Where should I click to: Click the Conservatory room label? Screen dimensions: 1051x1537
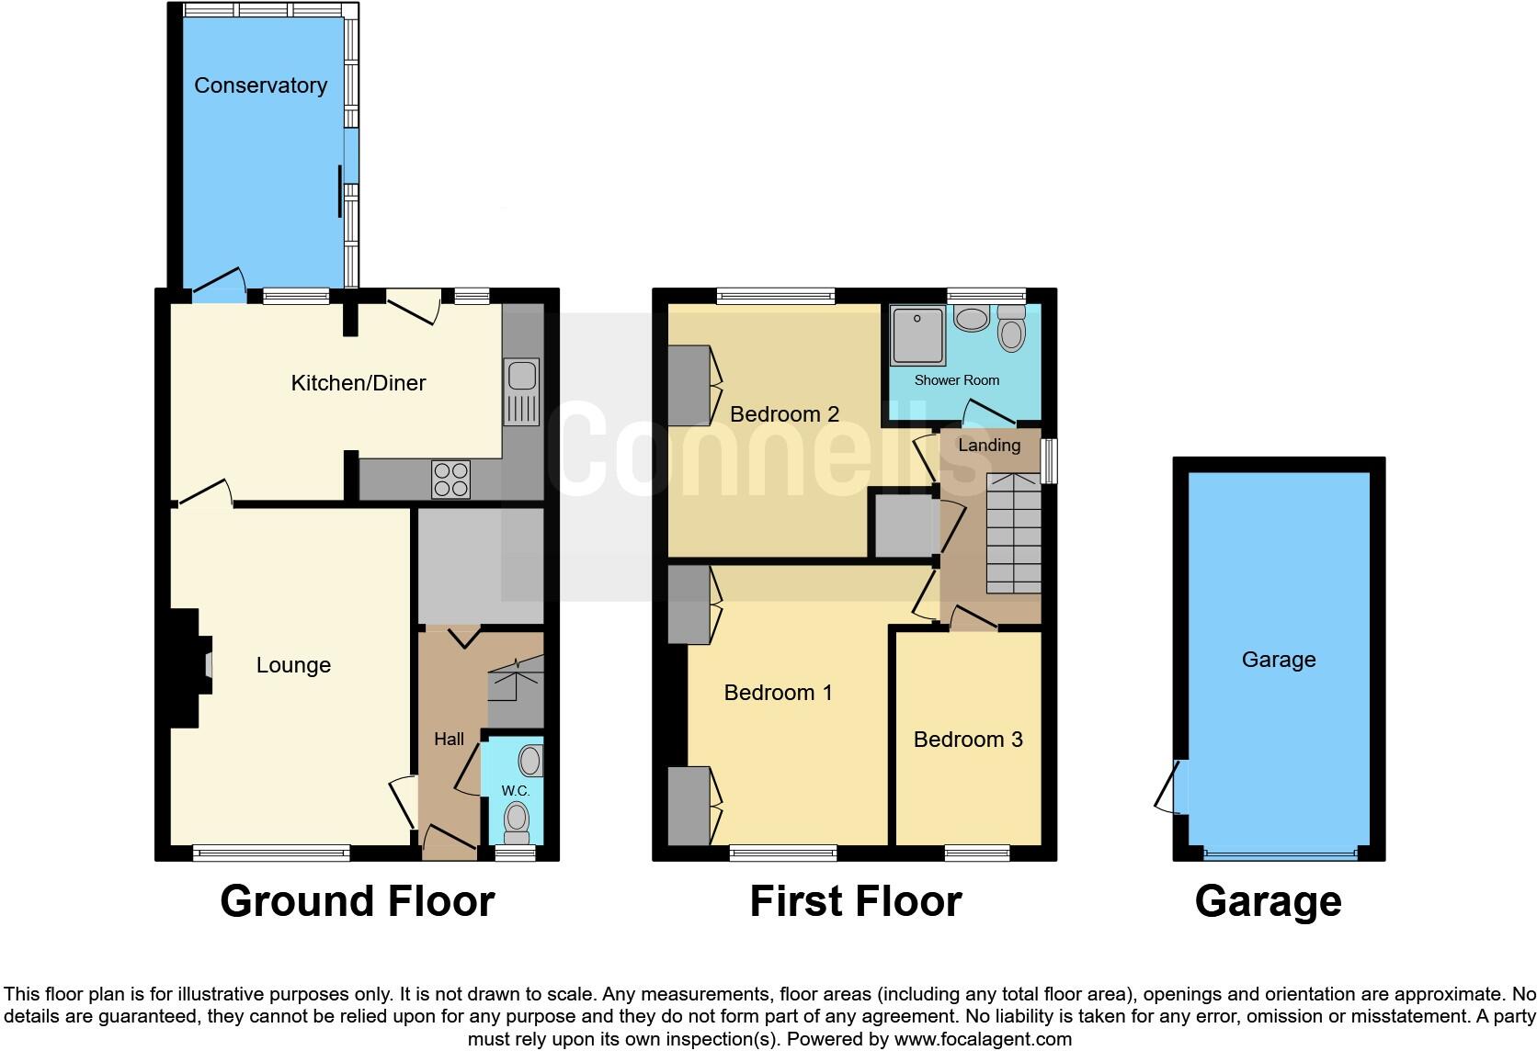tap(260, 85)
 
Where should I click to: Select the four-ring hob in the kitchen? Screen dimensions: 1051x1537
tap(450, 479)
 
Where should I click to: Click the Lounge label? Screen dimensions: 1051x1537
tap(293, 665)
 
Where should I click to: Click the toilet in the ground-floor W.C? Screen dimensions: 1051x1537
tap(518, 820)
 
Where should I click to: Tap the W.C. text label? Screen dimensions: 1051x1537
tap(515, 791)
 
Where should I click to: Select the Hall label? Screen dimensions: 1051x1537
tap(449, 739)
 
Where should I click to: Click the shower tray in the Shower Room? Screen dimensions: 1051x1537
tap(917, 335)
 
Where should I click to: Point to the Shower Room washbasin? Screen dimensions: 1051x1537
tap(971, 319)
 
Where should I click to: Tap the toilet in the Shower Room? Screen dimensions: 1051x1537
tap(1011, 329)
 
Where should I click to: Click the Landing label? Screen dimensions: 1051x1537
tap(989, 446)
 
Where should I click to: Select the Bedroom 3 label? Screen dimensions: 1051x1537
tap(968, 740)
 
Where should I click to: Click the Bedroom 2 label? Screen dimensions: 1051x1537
tap(784, 414)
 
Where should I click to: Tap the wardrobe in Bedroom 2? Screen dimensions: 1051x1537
tap(689, 386)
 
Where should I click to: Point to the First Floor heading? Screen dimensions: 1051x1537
tap(855, 901)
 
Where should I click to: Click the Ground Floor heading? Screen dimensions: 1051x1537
tap(357, 901)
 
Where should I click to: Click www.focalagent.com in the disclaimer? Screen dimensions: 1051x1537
tap(983, 1040)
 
